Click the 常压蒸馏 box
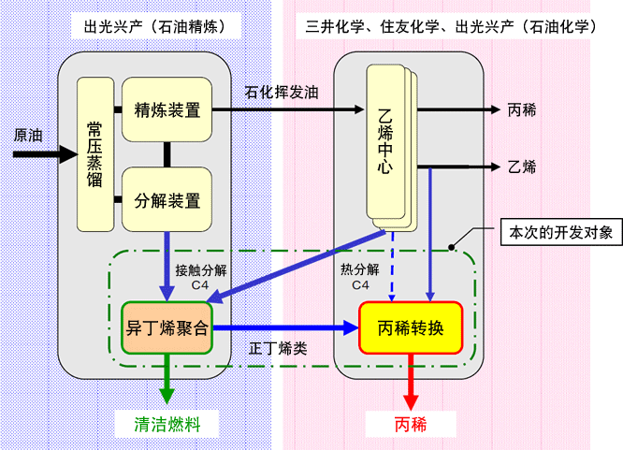coord(95,154)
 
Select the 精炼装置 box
coord(167,109)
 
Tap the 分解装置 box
coord(167,199)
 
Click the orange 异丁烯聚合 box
coord(167,328)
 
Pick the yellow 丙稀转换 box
coord(411,328)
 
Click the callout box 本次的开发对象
coord(561,232)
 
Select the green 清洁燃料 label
coord(167,424)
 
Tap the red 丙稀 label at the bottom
coord(411,424)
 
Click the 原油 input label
coord(28,135)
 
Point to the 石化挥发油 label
coord(282,93)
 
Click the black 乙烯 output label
coord(522,167)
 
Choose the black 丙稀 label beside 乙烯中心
coord(522,109)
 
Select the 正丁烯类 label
coord(278,348)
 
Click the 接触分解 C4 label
coord(201,278)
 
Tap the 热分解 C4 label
coord(360,277)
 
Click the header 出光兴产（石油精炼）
coord(155,26)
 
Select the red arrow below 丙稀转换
coord(411,382)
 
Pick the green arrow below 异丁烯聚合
coord(167,379)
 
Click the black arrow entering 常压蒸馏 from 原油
coord(45,154)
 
